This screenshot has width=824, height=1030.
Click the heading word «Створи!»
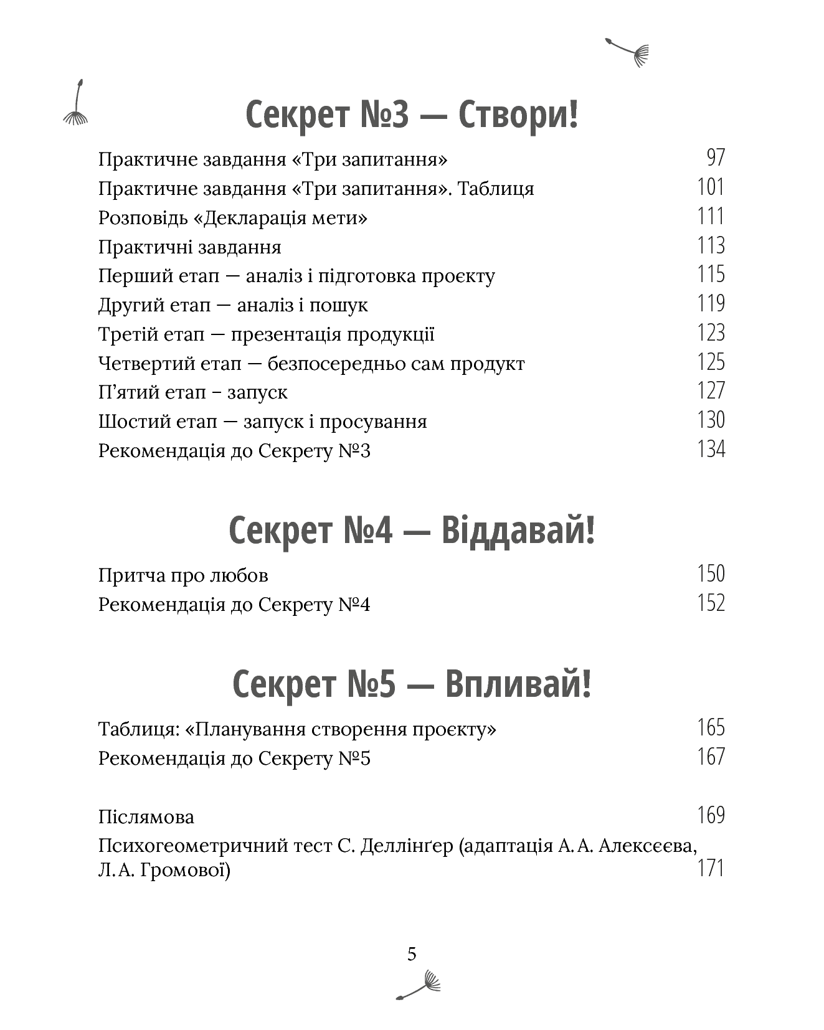tap(518, 115)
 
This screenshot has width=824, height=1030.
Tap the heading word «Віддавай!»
tap(518, 531)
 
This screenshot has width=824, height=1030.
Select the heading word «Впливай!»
tap(518, 684)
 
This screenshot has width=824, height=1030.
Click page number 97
tap(716, 158)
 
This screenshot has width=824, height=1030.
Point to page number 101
tap(711, 187)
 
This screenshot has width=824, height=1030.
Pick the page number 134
tap(711, 450)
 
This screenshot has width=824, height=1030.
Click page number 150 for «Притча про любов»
tap(711, 574)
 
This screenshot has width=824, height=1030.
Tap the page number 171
tap(711, 868)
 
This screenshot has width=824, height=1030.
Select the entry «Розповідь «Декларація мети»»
tap(232, 218)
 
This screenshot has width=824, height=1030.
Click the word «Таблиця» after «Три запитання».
tap(496, 189)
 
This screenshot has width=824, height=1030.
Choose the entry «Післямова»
tap(146, 816)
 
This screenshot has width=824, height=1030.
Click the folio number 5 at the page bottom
tap(412, 954)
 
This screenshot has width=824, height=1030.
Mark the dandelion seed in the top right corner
tap(628, 52)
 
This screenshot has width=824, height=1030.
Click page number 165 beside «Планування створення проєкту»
tap(711, 728)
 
